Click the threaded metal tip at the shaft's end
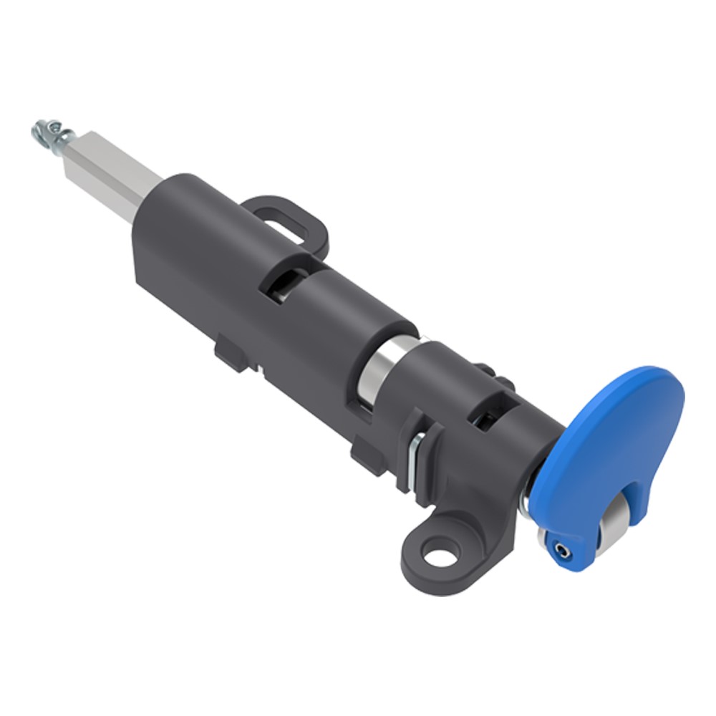[x=47, y=133]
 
